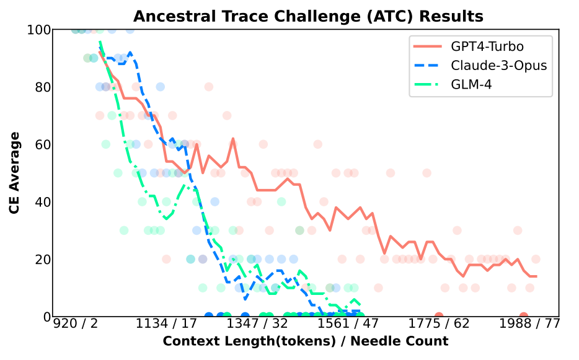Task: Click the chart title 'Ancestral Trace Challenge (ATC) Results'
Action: click(x=308, y=16)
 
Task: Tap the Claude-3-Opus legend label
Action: click(x=498, y=65)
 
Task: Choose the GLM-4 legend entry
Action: click(x=471, y=84)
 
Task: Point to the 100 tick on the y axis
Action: click(x=42, y=30)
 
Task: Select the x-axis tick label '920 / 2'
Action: click(x=76, y=325)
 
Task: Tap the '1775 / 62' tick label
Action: click(x=439, y=325)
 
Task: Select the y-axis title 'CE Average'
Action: click(x=15, y=173)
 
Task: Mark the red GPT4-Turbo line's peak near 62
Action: click(x=233, y=139)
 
